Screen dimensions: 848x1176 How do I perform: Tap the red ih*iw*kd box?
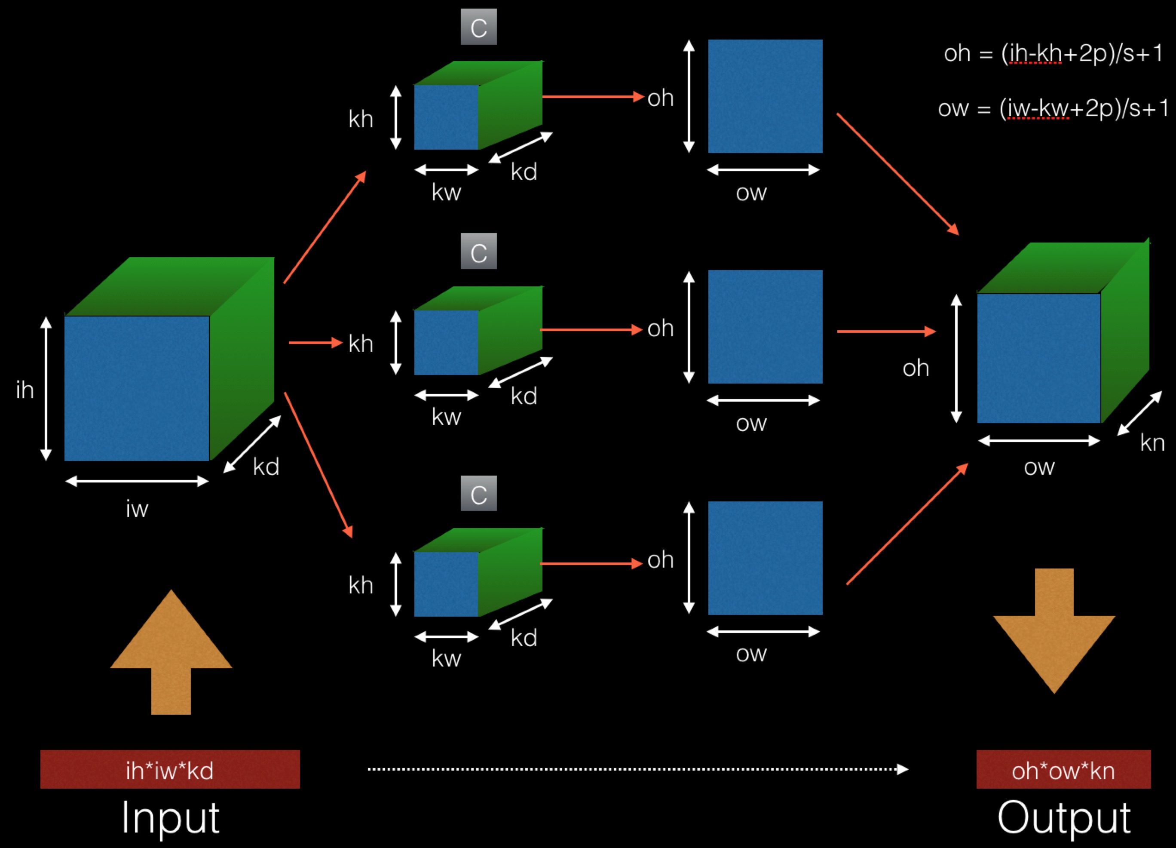point(170,769)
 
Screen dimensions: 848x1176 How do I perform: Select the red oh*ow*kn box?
point(1063,769)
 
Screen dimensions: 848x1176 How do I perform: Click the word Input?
point(170,818)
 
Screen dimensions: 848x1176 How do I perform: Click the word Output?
point(1063,818)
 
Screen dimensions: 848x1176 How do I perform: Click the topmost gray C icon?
point(478,27)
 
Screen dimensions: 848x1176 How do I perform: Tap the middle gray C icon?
point(478,252)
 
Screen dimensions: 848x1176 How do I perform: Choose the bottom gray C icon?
point(478,493)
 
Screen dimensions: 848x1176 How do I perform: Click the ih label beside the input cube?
point(25,390)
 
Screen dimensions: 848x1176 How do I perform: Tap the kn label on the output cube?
point(1152,443)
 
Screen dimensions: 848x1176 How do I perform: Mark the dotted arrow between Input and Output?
point(638,769)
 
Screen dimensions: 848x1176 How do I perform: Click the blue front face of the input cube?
point(137,388)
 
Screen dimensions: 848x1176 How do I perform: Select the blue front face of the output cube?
point(1038,358)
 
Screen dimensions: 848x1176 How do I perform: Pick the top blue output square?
point(766,96)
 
